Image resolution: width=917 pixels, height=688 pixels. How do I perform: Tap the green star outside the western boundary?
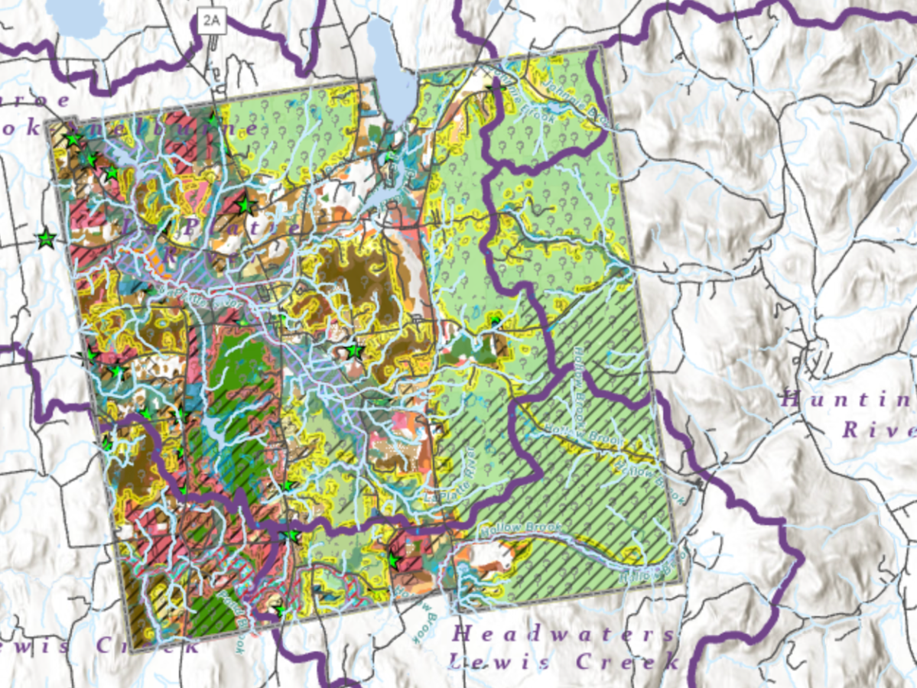point(47,239)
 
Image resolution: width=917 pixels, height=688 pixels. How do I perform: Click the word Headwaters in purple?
point(563,634)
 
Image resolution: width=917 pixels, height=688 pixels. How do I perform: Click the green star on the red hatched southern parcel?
point(395,561)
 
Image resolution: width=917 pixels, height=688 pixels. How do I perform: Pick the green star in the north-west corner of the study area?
point(73,140)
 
